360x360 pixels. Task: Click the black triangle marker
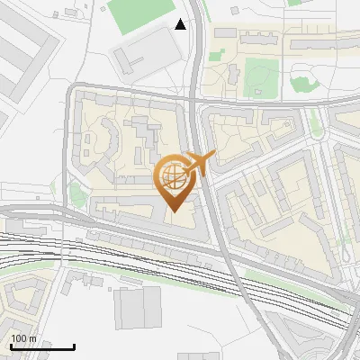pos(181,24)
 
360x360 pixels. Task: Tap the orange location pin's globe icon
pos(174,175)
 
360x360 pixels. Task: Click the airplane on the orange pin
pos(200,163)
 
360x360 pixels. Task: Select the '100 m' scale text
pos(23,338)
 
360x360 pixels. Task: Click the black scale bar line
pos(41,346)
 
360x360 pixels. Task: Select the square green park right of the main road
pos(262,76)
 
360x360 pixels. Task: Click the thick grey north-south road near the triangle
pos(197,72)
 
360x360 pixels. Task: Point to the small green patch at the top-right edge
pos(294,3)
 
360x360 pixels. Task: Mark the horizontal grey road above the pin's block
pos(135,91)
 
